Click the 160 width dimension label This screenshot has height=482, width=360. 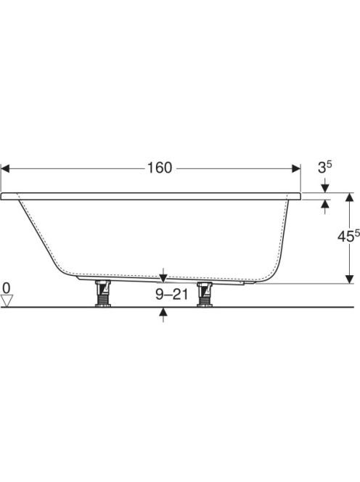point(160,168)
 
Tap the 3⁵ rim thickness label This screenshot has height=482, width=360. point(324,167)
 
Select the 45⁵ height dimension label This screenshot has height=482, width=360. point(348,236)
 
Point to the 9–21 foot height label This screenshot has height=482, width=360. point(171,295)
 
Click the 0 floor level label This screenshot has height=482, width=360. point(6,288)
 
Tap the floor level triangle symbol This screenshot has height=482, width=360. point(7,301)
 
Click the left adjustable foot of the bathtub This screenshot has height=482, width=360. point(102,293)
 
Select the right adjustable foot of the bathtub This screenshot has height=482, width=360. point(205,295)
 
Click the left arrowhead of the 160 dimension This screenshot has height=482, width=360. point(5,168)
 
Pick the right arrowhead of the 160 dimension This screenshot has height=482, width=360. point(296,168)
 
